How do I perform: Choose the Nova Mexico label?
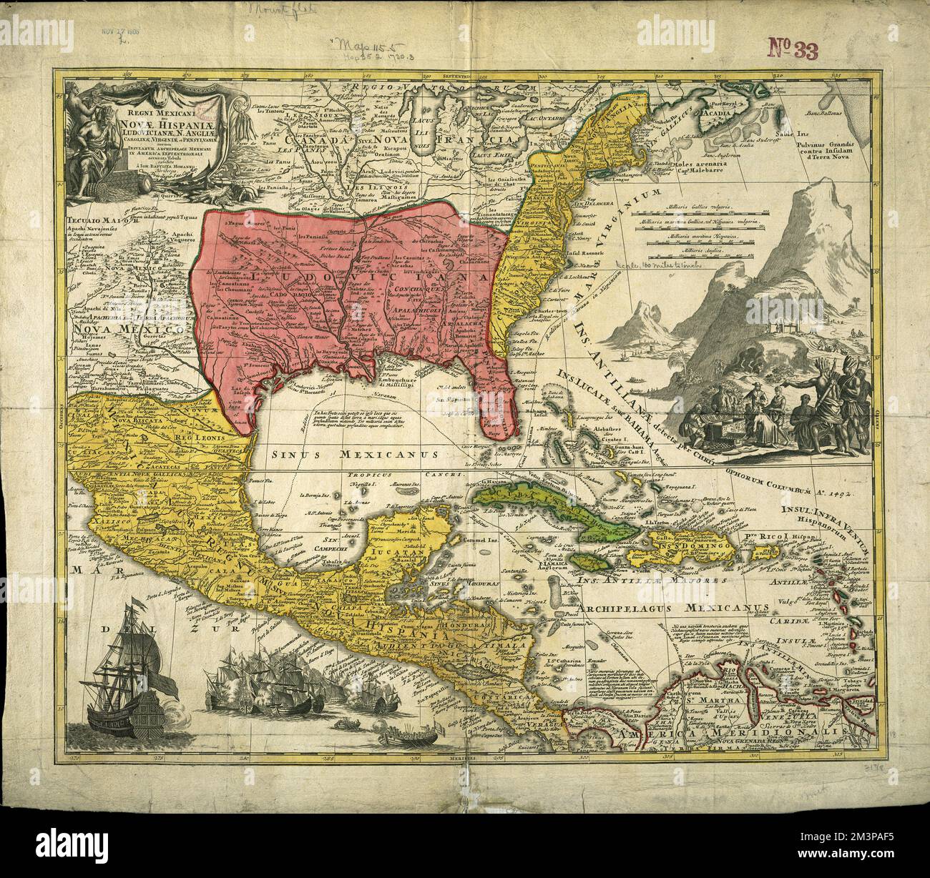[x=125, y=328]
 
